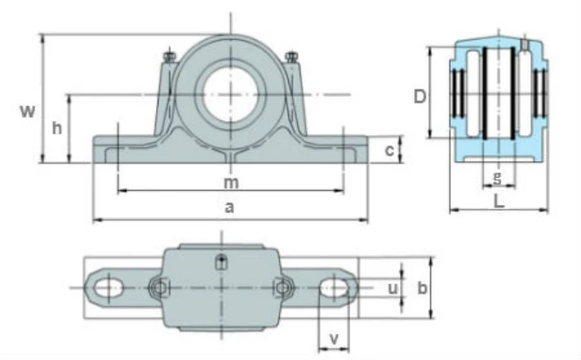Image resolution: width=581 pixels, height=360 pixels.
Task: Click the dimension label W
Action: [x=28, y=111]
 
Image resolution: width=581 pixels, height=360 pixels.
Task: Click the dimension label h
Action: [x=56, y=128]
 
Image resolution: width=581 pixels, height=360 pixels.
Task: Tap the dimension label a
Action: [x=230, y=209]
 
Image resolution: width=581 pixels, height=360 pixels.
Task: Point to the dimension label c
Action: [x=388, y=150]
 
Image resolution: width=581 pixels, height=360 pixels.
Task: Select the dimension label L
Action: [x=498, y=200]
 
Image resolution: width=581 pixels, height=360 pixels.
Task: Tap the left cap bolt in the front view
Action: [x=168, y=57]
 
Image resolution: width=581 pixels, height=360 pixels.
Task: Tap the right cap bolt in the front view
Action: [x=291, y=57]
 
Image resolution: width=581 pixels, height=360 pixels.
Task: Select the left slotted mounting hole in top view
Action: [x=107, y=288]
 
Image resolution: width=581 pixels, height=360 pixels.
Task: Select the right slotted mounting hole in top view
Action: [x=334, y=288]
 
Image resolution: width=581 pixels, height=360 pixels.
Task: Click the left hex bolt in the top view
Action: [x=158, y=288]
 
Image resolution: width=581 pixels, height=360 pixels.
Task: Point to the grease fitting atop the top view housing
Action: [x=222, y=263]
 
